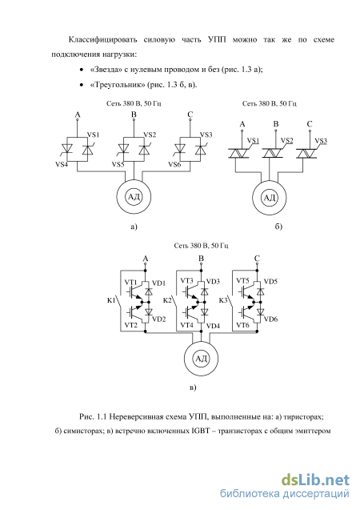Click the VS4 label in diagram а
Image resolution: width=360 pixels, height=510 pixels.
click(x=62, y=164)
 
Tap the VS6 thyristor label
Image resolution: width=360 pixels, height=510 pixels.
click(x=174, y=165)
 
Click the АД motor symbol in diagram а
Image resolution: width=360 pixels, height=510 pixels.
click(x=134, y=196)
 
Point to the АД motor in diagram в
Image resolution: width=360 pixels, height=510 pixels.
click(x=201, y=359)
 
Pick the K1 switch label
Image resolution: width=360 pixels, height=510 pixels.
click(x=111, y=300)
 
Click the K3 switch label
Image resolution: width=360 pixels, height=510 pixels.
click(x=223, y=300)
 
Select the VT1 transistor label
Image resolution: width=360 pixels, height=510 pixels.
click(x=131, y=282)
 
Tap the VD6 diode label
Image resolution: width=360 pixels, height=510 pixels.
click(x=270, y=319)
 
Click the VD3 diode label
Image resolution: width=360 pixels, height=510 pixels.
click(x=213, y=281)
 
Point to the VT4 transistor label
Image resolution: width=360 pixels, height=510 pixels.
click(x=187, y=324)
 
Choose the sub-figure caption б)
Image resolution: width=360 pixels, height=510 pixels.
click(x=278, y=227)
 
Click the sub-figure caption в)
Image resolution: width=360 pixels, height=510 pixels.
click(x=193, y=388)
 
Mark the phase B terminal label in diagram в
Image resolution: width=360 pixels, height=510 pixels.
click(x=201, y=259)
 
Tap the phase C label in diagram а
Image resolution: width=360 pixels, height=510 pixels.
click(x=190, y=114)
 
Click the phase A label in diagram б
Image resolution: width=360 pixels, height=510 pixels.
click(x=242, y=124)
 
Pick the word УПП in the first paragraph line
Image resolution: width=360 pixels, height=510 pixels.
click(x=217, y=40)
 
